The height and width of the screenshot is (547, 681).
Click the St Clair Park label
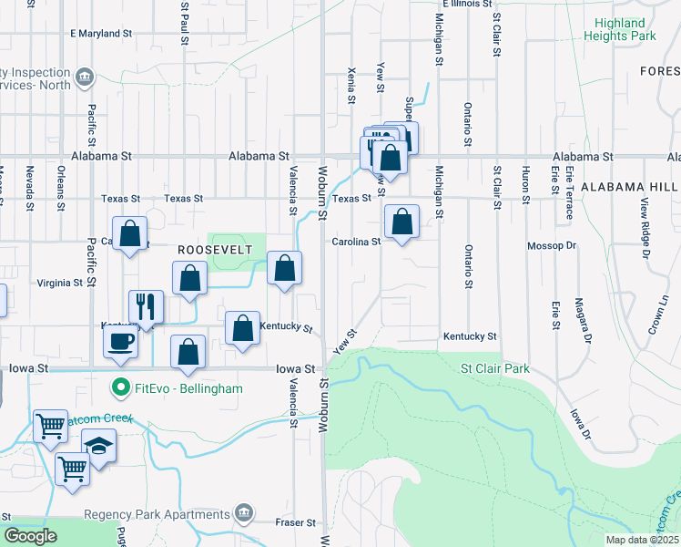pos(495,369)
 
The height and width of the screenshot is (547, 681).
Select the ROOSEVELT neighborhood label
pos(208,248)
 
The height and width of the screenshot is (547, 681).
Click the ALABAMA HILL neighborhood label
pos(629,186)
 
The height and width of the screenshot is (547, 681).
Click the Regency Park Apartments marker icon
pos(243,514)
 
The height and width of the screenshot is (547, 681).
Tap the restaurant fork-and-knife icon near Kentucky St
pos(146,306)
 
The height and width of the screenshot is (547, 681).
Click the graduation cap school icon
pos(99,447)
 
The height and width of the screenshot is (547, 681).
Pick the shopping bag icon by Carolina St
pos(401,222)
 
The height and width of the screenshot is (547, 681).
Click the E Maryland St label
pos(101,34)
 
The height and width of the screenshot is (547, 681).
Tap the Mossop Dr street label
pos(553,246)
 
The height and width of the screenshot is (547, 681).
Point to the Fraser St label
pos(296,523)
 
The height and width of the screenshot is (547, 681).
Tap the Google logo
pos(31,536)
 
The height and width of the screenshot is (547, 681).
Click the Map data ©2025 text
pos(643,540)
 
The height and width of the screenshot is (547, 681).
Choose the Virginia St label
pos(60,284)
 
